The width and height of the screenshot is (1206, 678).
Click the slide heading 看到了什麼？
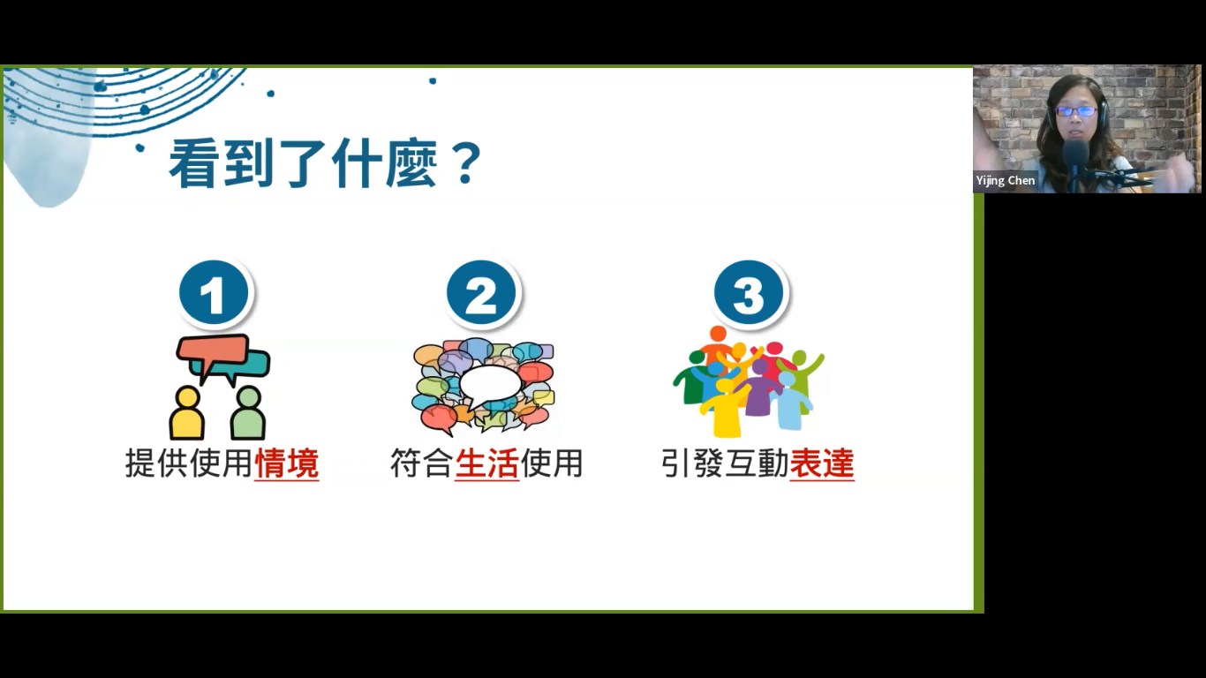[325, 163]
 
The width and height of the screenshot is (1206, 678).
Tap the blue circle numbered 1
[214, 292]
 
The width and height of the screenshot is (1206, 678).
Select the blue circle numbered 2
[481, 292]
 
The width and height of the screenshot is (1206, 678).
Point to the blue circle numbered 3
[749, 292]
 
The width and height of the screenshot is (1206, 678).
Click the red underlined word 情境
[286, 463]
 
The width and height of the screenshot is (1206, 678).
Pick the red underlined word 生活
[486, 463]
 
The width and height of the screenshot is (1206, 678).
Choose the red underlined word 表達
[822, 463]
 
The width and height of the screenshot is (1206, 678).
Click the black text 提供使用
[189, 463]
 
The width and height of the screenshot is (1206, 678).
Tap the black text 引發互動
[725, 463]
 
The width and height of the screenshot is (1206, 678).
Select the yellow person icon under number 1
[187, 413]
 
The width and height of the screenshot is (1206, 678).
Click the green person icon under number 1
[248, 413]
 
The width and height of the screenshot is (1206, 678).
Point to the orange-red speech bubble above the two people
[212, 351]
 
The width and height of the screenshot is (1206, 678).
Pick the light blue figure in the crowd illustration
[791, 401]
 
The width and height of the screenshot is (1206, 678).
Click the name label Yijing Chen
[1006, 181]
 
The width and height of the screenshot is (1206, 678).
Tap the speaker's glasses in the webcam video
[1075, 111]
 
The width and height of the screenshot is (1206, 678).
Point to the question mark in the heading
[467, 163]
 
